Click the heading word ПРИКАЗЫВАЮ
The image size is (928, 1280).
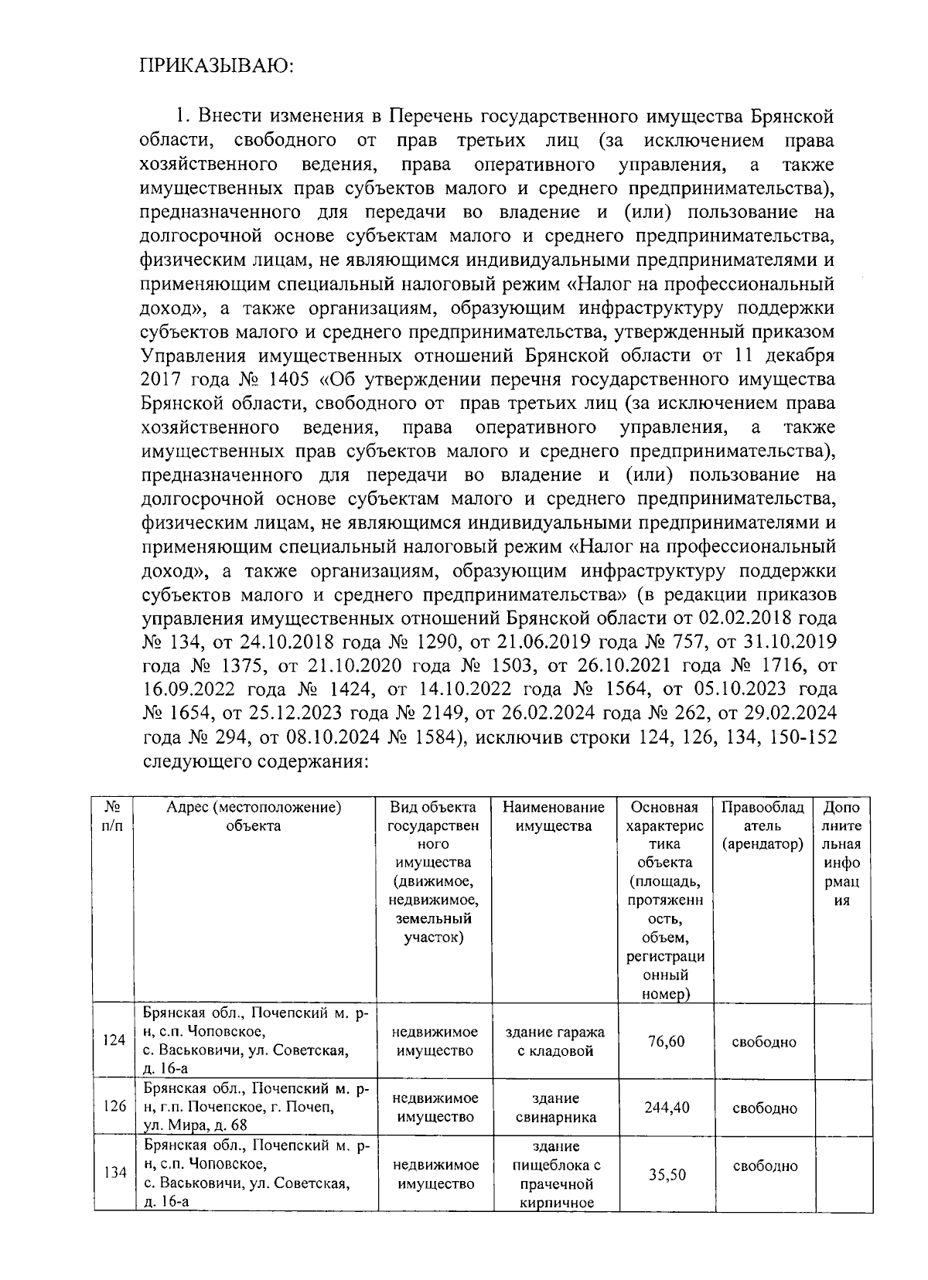(x=217, y=66)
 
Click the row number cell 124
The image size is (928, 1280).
(x=114, y=1040)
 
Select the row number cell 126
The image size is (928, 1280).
(x=114, y=1107)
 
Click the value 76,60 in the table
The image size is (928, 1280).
(x=666, y=1041)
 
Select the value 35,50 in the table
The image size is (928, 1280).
(x=666, y=1175)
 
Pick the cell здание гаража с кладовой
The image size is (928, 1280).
(x=554, y=1041)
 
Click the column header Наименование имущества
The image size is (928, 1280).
(x=554, y=817)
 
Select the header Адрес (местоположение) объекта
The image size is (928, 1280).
(x=254, y=817)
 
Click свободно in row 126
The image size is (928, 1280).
(x=764, y=1108)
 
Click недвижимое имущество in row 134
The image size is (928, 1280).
(x=435, y=1174)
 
